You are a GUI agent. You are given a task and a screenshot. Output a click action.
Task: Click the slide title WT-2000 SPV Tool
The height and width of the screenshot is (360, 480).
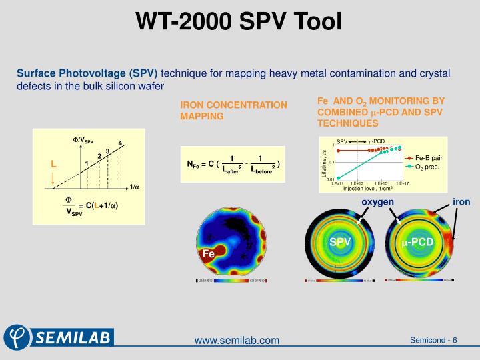pyautogui.click(x=239, y=22)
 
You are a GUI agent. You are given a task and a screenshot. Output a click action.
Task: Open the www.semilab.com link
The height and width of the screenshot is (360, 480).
pyautogui.click(x=237, y=341)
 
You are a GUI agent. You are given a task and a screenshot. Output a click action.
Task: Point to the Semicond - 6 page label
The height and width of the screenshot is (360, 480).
pyautogui.click(x=433, y=341)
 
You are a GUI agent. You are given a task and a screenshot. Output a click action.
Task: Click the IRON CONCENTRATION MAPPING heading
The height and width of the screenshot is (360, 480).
pyautogui.click(x=233, y=111)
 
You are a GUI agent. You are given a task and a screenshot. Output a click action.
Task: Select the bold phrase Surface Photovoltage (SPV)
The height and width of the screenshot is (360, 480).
pyautogui.click(x=87, y=73)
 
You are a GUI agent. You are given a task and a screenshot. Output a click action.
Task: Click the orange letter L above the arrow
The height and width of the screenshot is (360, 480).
pyautogui.click(x=54, y=163)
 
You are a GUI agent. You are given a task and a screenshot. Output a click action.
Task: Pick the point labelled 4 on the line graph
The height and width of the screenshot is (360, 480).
pyautogui.click(x=120, y=143)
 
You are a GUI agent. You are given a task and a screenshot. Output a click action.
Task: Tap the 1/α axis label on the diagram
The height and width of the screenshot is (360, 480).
pyautogui.click(x=134, y=187)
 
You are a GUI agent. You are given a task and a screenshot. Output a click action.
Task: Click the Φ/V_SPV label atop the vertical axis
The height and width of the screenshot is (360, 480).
pyautogui.click(x=83, y=140)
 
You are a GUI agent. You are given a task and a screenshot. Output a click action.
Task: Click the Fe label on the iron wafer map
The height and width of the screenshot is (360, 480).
pyautogui.click(x=209, y=254)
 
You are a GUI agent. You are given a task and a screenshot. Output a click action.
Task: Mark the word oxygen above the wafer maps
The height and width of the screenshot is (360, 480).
pyautogui.click(x=378, y=202)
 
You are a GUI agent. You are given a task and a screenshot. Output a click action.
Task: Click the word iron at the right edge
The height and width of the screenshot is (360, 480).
pyautogui.click(x=461, y=202)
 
